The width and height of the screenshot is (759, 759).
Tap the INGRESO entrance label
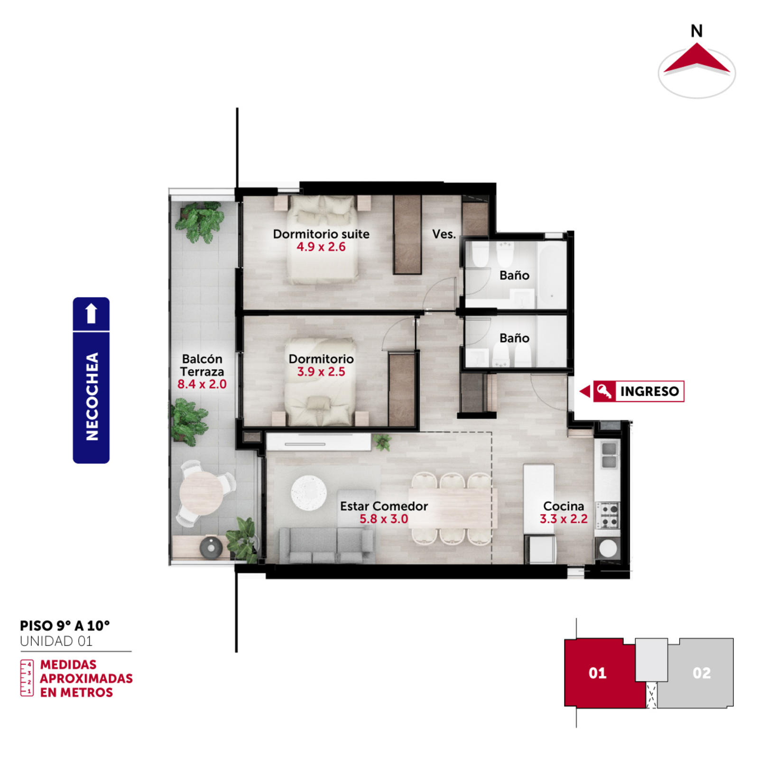point(649,391)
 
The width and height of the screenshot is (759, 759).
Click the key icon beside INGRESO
point(604,391)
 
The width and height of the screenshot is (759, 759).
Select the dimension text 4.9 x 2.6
point(321,247)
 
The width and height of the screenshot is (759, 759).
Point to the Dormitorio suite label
point(321,234)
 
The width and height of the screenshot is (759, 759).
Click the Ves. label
point(444,234)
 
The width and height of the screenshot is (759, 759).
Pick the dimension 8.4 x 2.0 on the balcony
point(202,384)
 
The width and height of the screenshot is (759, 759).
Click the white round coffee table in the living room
point(309,493)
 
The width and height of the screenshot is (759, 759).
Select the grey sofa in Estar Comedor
point(326,546)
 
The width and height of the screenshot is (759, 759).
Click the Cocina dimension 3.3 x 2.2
point(564,519)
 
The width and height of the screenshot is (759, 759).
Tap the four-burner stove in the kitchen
point(608,515)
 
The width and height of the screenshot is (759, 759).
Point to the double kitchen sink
point(609,455)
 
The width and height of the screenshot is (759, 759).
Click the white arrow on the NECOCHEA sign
point(91,313)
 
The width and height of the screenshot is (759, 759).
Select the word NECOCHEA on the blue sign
point(92,397)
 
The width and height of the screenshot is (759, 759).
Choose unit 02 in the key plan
point(701,673)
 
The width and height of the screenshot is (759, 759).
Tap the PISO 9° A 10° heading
point(65,626)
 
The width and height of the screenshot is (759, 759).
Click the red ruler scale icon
point(27,678)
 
